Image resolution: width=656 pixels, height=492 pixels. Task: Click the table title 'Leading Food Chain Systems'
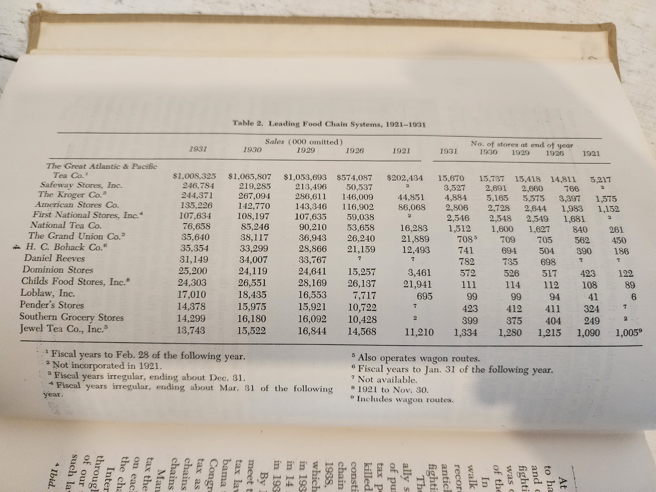[x=347, y=124]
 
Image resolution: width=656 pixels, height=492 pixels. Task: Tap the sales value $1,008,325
[x=195, y=176]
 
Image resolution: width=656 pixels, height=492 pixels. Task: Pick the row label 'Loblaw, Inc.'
[x=47, y=293]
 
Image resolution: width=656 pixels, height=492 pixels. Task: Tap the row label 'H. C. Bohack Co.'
[x=66, y=247]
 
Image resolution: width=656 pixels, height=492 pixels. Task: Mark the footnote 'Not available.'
[x=387, y=379]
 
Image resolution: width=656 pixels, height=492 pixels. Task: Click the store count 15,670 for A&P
[x=451, y=179]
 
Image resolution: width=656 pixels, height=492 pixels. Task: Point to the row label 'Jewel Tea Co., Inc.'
[x=61, y=329]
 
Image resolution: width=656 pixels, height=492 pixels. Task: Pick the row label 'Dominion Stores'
[x=58, y=270]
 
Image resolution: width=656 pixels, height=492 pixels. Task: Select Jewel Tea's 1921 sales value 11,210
[x=419, y=332]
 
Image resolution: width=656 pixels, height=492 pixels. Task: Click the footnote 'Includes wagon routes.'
[x=405, y=399]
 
